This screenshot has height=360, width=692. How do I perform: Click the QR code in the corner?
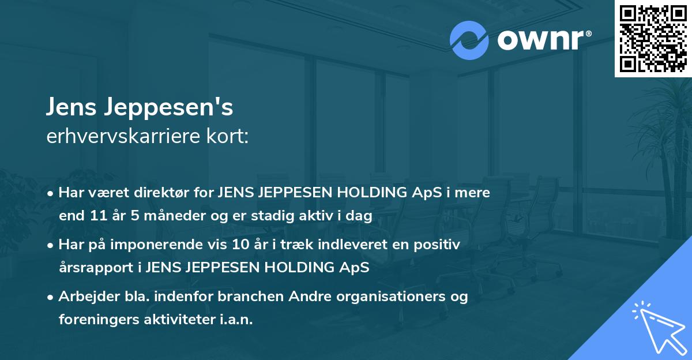coord(653,39)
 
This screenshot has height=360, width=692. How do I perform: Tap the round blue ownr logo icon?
coord(469,39)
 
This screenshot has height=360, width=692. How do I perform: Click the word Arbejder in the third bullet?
coord(85,297)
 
